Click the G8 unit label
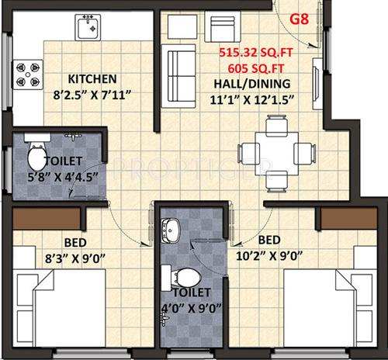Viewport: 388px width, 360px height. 302,15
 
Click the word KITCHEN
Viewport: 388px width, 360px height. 92,78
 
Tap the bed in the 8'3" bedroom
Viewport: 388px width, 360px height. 61,307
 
